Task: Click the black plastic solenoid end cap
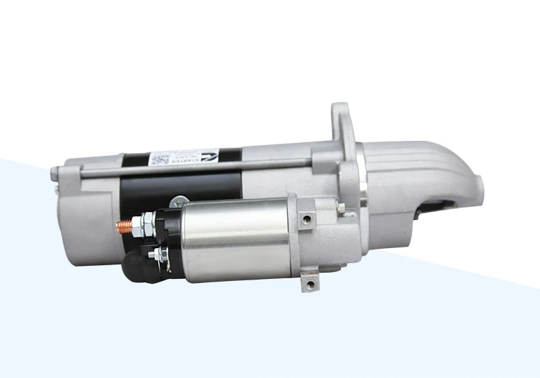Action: (x=167, y=236)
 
